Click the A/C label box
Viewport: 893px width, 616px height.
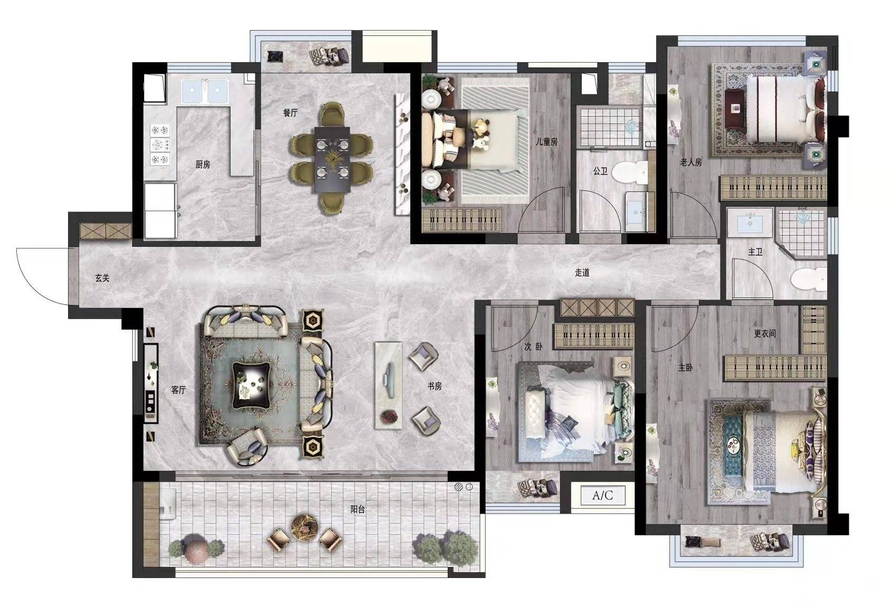tap(602, 496)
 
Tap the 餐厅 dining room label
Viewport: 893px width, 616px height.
tap(290, 113)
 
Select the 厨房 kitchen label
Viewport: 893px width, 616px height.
tap(203, 164)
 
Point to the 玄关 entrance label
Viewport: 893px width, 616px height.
tap(102, 278)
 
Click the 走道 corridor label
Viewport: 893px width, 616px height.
tap(582, 273)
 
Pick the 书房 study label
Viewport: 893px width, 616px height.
tap(435, 386)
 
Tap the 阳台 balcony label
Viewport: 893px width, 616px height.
tap(358, 509)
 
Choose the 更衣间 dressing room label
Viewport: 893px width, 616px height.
tap(765, 333)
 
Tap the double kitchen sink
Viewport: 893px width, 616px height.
tap(205, 92)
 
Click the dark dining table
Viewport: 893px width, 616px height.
tap(332, 160)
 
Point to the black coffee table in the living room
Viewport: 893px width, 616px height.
tap(252, 386)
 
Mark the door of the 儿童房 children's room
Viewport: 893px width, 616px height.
tap(542, 210)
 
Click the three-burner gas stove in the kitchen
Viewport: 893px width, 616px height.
tap(160, 145)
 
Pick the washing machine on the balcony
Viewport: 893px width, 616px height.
tap(167, 504)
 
